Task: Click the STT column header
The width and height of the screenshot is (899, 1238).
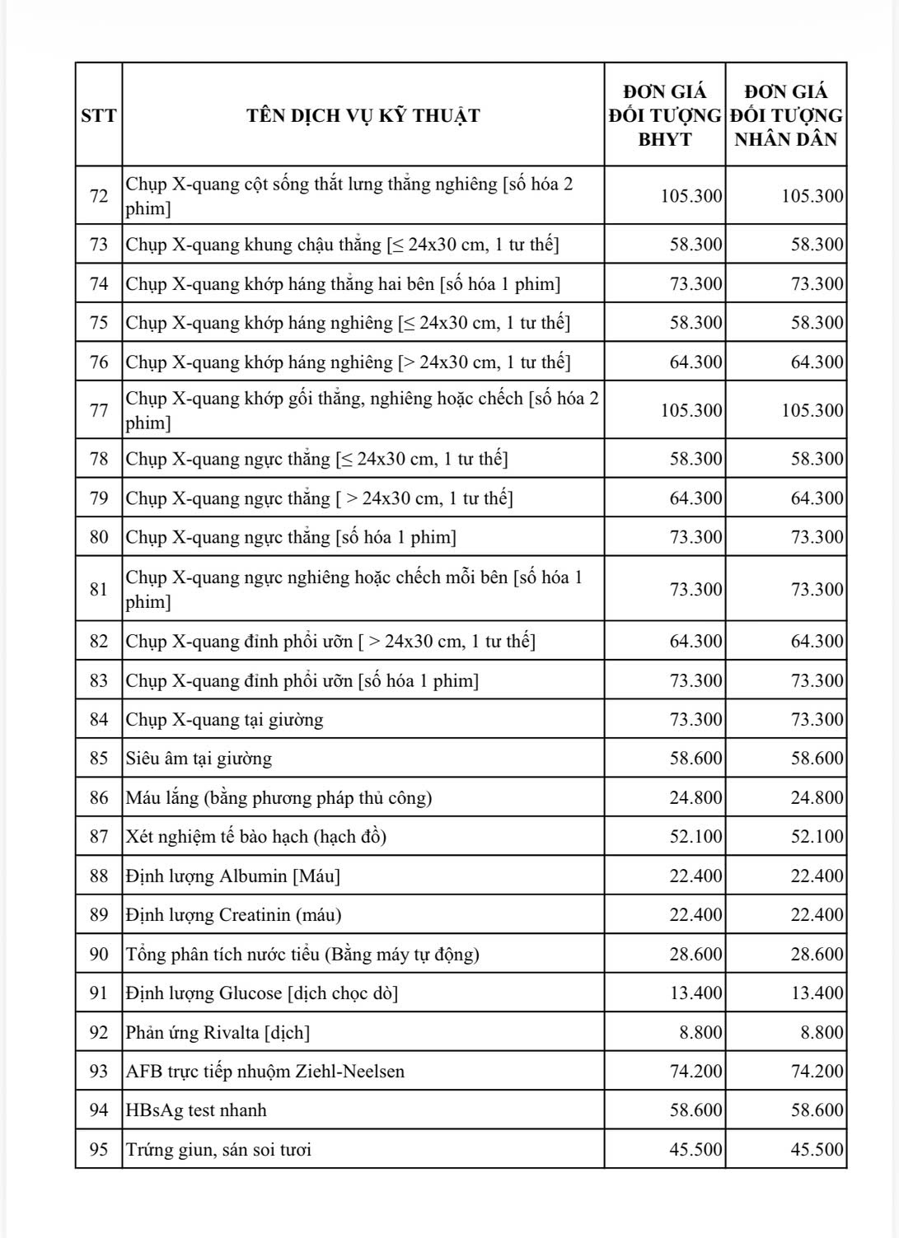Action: (99, 115)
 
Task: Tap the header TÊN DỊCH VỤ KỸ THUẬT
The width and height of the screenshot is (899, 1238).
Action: (363, 115)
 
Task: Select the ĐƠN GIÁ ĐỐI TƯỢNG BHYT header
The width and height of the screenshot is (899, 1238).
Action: (665, 115)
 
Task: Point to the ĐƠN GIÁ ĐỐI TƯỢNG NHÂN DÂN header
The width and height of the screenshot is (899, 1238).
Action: (786, 115)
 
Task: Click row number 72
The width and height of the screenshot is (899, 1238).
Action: (99, 196)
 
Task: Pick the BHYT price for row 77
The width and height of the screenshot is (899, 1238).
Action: (691, 410)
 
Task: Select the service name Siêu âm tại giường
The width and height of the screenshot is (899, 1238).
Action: (199, 759)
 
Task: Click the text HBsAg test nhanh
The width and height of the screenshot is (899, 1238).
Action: (196, 1110)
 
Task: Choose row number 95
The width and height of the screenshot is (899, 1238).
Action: (99, 1149)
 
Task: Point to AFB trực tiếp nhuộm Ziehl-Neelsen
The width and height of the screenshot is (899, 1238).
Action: (265, 1071)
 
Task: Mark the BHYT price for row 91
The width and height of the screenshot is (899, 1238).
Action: (695, 993)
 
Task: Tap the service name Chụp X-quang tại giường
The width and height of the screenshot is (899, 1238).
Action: (224, 719)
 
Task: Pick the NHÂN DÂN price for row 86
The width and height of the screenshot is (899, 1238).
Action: (817, 797)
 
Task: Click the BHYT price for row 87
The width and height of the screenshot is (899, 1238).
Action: (695, 836)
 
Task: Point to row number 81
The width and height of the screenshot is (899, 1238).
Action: (99, 589)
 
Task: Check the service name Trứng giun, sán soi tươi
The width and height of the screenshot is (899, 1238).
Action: (218, 1149)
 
